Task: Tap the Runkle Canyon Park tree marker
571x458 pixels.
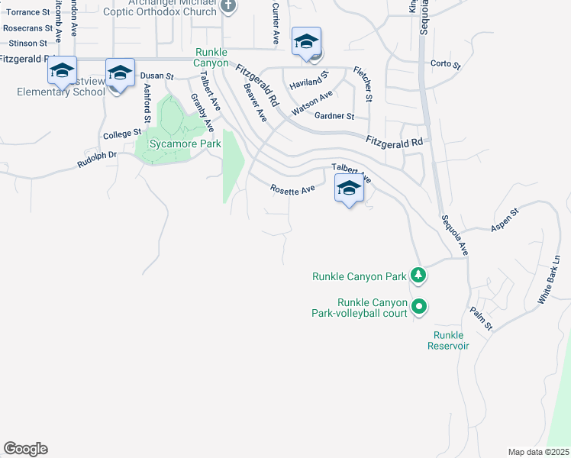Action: [x=418, y=275]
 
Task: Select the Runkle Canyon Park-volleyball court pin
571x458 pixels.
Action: [x=419, y=307]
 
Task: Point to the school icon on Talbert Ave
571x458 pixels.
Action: [x=349, y=189]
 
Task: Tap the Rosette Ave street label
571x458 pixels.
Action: [x=292, y=189]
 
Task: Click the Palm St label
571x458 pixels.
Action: [x=482, y=318]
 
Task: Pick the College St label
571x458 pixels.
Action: [x=118, y=134]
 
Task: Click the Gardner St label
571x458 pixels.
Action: [x=340, y=116]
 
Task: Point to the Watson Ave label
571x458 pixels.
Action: [x=313, y=103]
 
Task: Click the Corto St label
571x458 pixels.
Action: [x=446, y=64]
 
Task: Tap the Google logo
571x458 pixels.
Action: [x=25, y=449]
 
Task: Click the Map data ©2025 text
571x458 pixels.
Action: [x=538, y=452]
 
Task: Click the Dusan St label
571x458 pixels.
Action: [x=158, y=77]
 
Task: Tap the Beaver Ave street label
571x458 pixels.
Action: [x=254, y=102]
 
